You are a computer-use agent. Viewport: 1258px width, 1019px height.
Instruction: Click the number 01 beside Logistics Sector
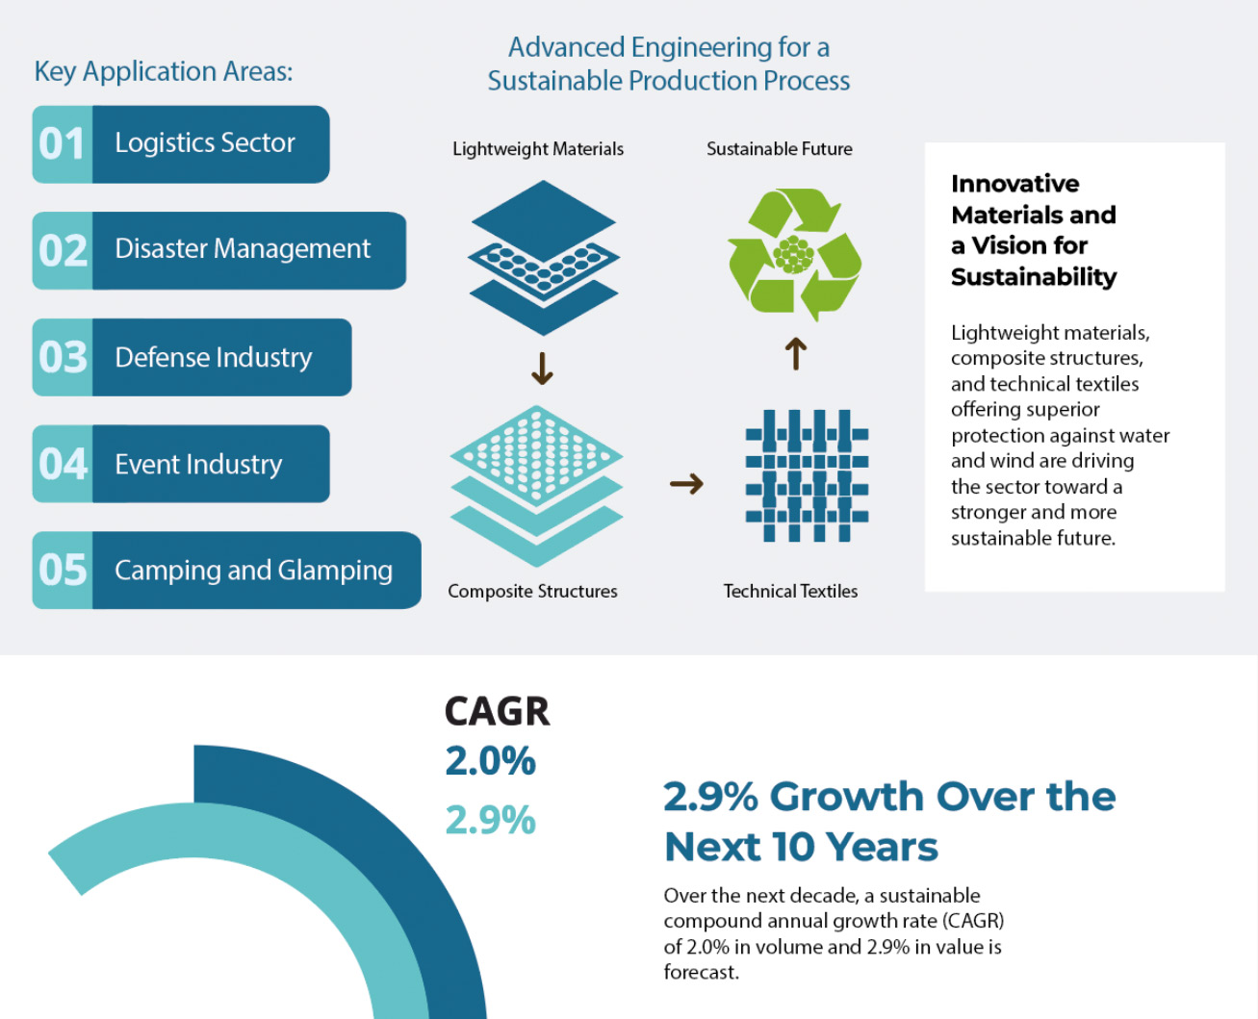click(x=62, y=144)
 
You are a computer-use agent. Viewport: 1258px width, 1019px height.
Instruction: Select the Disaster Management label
click(x=242, y=249)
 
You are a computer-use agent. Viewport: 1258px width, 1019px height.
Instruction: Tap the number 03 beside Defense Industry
click(x=63, y=358)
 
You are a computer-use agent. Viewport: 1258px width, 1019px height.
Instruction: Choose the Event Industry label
click(x=198, y=465)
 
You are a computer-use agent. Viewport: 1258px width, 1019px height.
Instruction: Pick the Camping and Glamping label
click(x=253, y=571)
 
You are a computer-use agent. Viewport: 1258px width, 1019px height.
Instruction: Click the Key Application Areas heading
click(x=164, y=71)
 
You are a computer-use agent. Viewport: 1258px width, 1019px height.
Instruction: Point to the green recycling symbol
click(x=794, y=254)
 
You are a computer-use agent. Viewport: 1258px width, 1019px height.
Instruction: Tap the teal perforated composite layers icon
click(x=536, y=485)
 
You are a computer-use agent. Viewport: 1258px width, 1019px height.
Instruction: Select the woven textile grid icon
click(x=807, y=475)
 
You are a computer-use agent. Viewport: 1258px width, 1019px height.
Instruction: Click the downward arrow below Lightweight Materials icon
click(x=542, y=369)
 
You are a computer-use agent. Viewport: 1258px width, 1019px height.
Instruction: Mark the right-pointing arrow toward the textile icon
click(x=686, y=483)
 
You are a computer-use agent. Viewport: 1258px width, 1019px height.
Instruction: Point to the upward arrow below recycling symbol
click(x=795, y=353)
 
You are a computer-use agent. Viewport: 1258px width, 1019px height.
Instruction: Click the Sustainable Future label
click(x=779, y=149)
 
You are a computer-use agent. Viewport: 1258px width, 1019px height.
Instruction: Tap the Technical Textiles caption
click(x=790, y=592)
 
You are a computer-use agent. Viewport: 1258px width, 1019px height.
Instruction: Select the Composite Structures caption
click(x=532, y=592)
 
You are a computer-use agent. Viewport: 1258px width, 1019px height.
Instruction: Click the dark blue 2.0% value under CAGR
click(x=490, y=761)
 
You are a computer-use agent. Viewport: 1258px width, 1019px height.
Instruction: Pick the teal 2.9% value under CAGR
click(x=490, y=820)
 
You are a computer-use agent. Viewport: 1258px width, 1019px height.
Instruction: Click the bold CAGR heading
click(x=497, y=712)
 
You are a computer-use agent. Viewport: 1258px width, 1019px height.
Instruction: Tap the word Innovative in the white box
click(x=1014, y=184)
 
